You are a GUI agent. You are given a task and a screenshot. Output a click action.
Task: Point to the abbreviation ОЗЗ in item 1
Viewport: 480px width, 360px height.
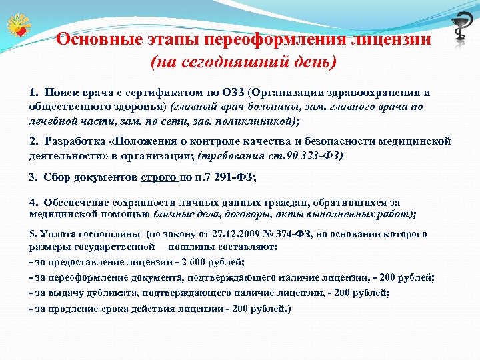[x=234, y=92]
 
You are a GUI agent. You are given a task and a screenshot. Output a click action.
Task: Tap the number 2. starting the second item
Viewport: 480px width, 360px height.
[x=35, y=141]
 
